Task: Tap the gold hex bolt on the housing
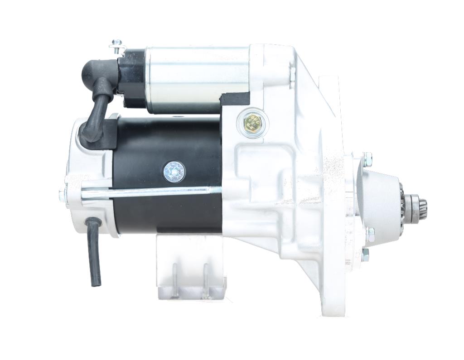tap(252, 122)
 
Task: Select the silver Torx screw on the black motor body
tap(174, 172)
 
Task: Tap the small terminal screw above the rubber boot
tap(117, 46)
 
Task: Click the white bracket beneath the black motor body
tap(190, 267)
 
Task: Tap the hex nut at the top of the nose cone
tap(367, 159)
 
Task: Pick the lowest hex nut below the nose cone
tap(365, 254)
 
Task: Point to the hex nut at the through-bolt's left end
tap(62, 196)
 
